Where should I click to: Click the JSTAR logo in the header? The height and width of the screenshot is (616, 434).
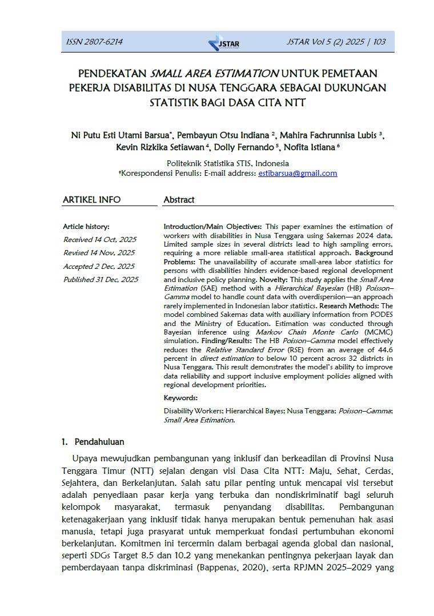224,43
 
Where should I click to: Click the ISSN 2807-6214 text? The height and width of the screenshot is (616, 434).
94,42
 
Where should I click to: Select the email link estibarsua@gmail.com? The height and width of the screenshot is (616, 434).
298,173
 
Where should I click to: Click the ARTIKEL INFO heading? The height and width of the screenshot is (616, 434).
91,200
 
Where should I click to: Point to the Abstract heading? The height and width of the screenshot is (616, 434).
179,200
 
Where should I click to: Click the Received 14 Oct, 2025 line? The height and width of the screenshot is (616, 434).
100,239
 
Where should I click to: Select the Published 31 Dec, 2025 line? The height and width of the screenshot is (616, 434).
101,279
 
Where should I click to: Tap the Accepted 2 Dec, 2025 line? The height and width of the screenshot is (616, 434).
99,266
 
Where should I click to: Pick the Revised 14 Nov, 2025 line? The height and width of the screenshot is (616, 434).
99,252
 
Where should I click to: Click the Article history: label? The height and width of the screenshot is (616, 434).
86,226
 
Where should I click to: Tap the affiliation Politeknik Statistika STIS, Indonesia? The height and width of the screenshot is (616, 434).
228,163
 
